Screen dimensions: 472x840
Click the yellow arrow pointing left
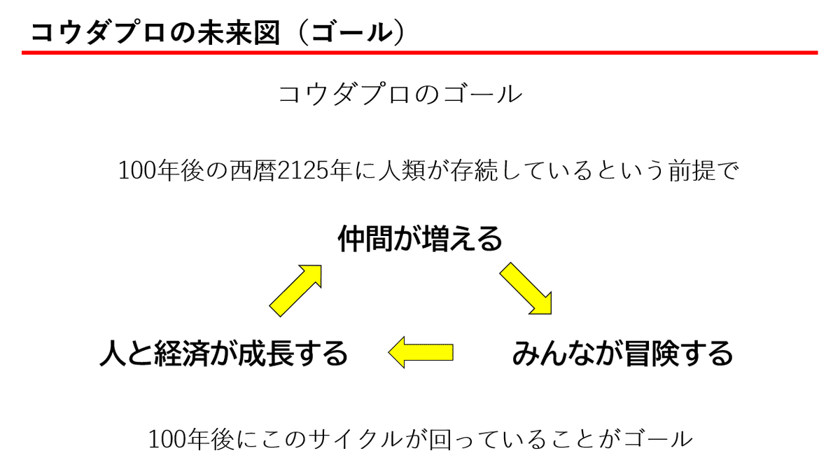pos(421,352)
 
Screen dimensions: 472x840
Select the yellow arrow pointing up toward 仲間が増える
pos(295,287)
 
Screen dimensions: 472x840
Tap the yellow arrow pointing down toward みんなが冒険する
pos(526,288)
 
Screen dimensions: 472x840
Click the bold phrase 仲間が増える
pos(420,240)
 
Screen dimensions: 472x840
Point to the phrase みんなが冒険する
pos(622,353)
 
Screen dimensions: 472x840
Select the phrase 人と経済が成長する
pos(224,353)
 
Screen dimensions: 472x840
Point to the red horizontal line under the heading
pos(420,53)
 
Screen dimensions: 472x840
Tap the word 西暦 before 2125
pos(255,172)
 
